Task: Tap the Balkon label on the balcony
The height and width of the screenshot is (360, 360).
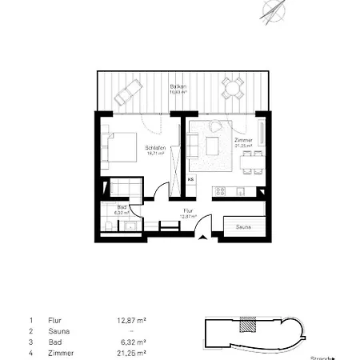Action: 174,86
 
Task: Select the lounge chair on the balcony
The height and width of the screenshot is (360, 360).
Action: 129,95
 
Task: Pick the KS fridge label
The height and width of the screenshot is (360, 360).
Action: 190,181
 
